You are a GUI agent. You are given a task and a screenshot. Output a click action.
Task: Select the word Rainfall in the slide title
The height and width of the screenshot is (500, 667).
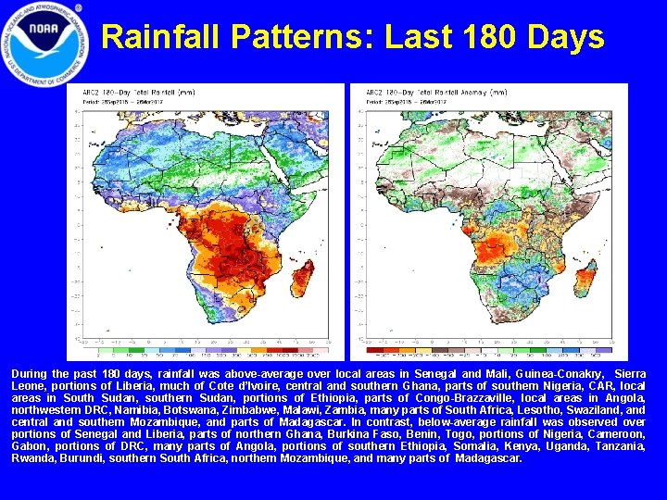162,38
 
